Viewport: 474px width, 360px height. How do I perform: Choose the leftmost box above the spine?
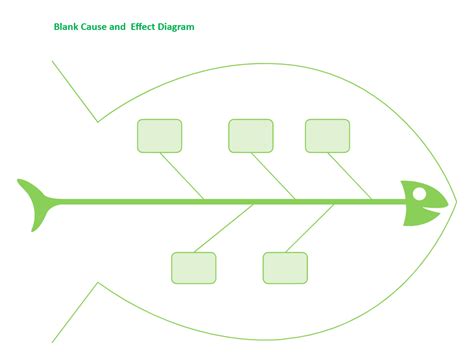tap(159, 135)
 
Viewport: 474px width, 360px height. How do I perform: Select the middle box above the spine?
tap(250, 135)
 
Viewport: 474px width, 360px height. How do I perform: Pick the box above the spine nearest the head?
tap(327, 135)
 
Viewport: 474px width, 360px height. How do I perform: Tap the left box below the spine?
tap(193, 267)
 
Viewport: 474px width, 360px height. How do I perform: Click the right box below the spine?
tap(285, 267)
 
